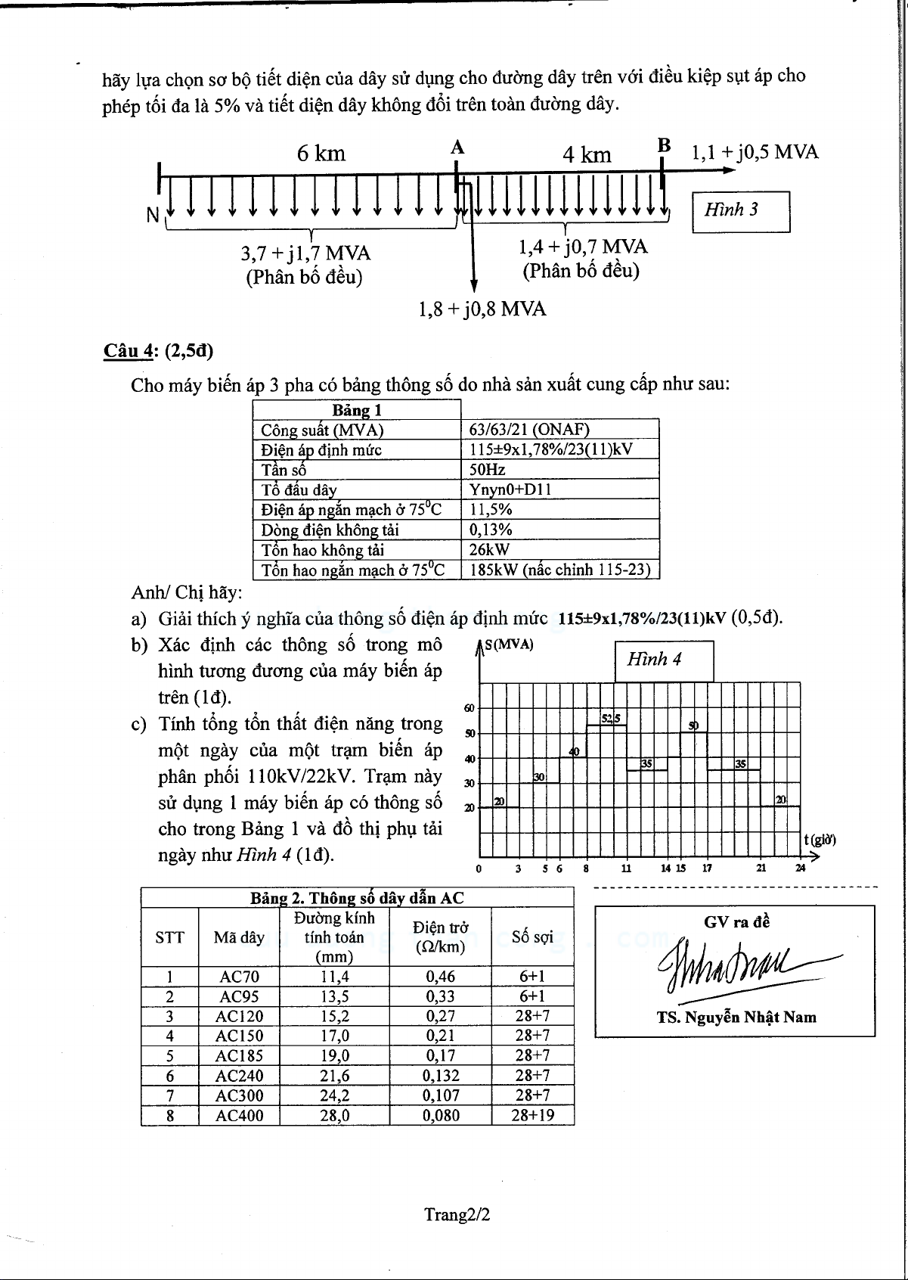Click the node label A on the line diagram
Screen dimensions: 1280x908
coord(457,148)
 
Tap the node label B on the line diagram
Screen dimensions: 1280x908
coord(664,145)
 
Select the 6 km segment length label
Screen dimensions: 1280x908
coord(321,154)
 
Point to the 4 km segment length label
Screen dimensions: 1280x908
coord(587,155)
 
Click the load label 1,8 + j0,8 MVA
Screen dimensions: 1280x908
coord(482,309)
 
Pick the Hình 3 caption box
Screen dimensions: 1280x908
coord(741,211)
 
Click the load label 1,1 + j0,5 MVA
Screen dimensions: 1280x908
coord(755,152)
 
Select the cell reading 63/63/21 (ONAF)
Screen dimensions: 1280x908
coord(529,430)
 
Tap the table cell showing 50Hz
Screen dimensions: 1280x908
coord(488,469)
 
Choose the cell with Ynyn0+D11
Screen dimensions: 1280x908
coord(510,489)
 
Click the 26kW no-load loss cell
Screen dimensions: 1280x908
coord(490,549)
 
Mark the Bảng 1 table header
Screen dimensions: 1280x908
coord(357,410)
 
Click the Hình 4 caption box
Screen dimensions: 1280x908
coord(663,660)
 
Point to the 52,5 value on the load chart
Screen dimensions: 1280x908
coord(611,718)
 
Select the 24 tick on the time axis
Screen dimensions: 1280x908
coord(800,868)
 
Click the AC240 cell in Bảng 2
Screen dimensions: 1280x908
coord(239,1076)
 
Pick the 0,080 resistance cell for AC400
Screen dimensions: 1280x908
coord(441,1115)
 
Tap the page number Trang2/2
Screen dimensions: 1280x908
coord(457,1215)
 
